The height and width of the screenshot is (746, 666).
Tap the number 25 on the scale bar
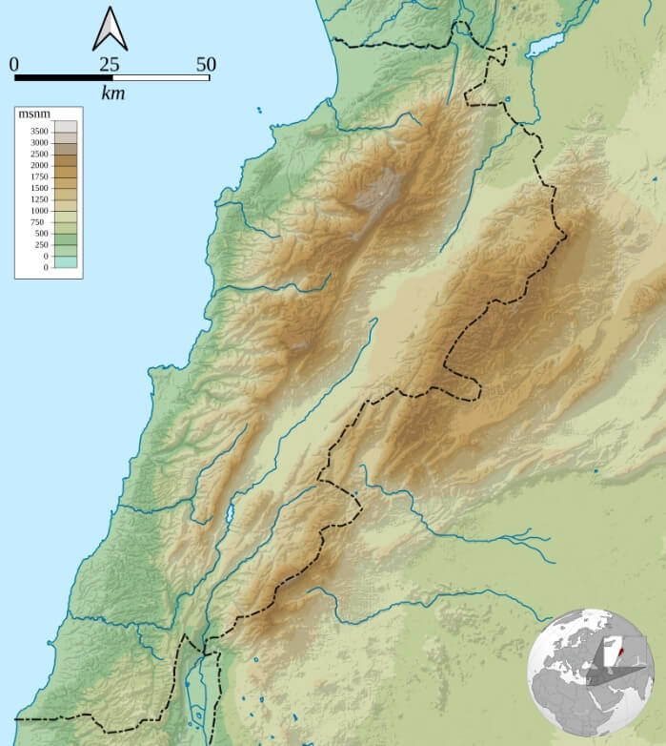pyautogui.click(x=110, y=64)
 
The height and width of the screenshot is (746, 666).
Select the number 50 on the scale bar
pyautogui.click(x=206, y=64)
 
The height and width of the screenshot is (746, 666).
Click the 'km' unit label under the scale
pyautogui.click(x=113, y=93)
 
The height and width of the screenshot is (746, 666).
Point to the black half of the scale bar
pyautogui.click(x=63, y=77)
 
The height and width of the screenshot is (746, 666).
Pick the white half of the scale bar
pyautogui.click(x=160, y=77)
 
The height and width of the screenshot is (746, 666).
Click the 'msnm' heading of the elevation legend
pyautogui.click(x=34, y=114)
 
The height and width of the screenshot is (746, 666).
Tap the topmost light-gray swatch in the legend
pyautogui.click(x=65, y=125)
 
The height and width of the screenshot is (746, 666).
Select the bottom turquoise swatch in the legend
pyautogui.click(x=65, y=262)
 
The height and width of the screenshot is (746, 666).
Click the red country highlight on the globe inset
pyautogui.click(x=618, y=655)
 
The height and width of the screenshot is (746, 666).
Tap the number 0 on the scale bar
pyautogui.click(x=14, y=64)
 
